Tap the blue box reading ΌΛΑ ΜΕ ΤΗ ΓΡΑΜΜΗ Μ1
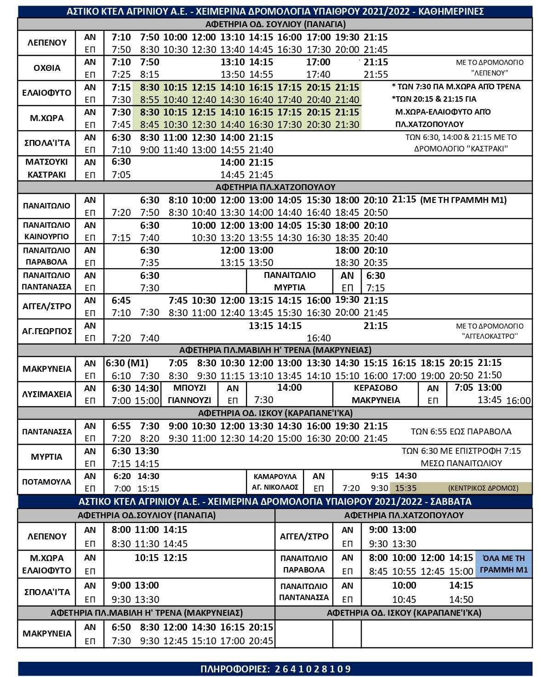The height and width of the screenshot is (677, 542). point(504,564)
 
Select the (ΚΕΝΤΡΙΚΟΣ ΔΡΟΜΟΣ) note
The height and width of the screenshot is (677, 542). point(483,488)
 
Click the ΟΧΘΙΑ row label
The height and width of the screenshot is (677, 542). point(47,68)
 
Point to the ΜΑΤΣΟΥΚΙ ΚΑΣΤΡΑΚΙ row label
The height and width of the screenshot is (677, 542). point(47,168)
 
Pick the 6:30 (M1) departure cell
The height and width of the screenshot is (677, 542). point(127,363)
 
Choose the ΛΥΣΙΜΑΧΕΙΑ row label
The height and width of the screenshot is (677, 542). point(47,394)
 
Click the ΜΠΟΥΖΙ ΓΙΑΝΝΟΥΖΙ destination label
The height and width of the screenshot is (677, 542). point(189,394)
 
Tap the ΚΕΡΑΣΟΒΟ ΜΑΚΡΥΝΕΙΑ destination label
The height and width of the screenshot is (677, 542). point(376,394)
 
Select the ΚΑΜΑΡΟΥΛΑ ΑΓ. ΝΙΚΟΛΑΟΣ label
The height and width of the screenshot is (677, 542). point(275,482)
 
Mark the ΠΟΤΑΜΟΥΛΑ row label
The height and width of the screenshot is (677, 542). point(47,482)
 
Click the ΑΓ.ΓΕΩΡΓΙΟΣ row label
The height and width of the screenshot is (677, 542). point(47,331)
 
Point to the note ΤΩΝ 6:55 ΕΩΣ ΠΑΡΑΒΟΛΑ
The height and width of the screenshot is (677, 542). point(461,432)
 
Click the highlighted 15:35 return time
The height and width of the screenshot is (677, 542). point(405,488)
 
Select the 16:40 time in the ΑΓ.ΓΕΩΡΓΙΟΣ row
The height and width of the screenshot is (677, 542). point(319,338)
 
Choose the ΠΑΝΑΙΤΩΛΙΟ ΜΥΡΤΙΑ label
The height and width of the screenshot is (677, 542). point(290,281)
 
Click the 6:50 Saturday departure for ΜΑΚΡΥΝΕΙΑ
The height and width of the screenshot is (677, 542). point(121,627)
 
